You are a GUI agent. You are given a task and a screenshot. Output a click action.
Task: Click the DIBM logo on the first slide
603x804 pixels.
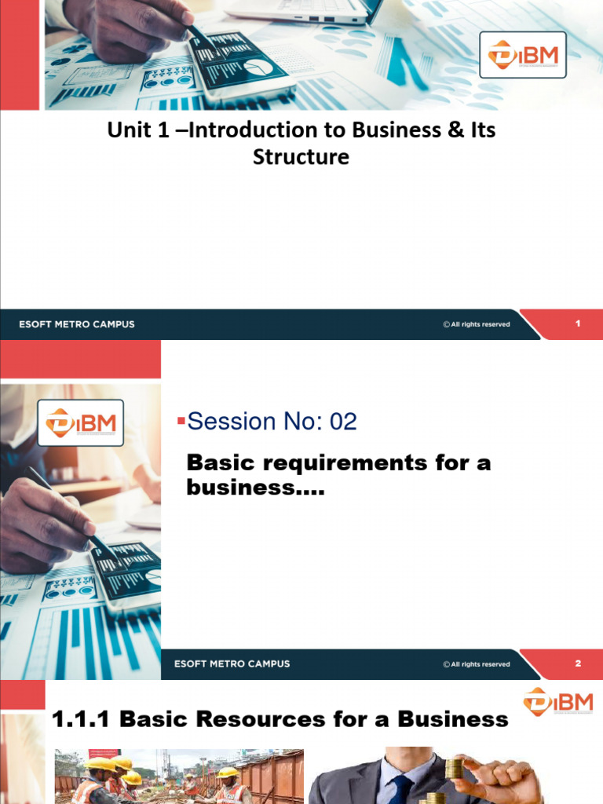pos(522,55)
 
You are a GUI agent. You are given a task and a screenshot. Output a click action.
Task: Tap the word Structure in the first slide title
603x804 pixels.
pos(301,156)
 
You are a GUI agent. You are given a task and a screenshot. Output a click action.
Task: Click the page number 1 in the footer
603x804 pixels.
pos(578,323)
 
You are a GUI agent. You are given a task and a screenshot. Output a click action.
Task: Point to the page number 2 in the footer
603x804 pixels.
pos(578,663)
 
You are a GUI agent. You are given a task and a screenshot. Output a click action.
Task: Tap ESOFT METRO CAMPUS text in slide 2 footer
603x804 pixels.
pos(232,663)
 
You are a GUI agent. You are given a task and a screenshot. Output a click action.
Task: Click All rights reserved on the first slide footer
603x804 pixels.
pos(476,324)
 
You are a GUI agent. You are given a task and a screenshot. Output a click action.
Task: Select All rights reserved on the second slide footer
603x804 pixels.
pos(476,664)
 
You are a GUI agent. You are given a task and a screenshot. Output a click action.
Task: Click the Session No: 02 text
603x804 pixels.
pos(272,422)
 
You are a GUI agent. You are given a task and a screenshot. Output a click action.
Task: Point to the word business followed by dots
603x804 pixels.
pos(255,488)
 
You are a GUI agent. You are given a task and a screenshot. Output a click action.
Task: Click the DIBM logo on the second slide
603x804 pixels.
pos(81,422)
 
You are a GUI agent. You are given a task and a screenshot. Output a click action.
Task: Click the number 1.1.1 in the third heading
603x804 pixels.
pos(82,719)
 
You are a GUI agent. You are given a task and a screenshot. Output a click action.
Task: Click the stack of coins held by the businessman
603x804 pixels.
pos(453,769)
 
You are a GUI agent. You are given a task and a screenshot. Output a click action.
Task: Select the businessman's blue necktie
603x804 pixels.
pos(401,788)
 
